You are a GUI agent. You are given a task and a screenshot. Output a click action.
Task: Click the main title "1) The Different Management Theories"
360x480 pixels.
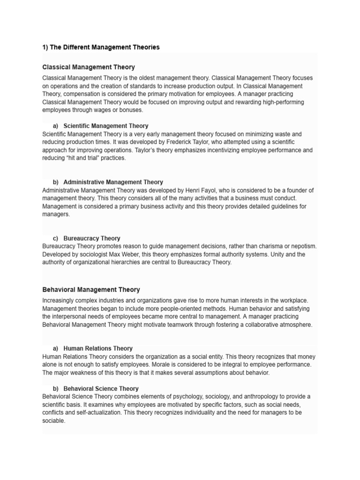tap(101, 47)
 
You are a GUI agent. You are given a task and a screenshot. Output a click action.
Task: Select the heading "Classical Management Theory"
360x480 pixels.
tap(89, 67)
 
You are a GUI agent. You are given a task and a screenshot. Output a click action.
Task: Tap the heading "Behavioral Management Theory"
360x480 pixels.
tap(91, 290)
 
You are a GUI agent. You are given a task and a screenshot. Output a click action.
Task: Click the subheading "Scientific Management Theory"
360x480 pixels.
tap(105, 126)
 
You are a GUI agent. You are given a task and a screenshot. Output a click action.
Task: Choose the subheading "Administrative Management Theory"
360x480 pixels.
tap(113, 182)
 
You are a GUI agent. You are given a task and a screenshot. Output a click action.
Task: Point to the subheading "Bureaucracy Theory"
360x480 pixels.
tap(91, 238)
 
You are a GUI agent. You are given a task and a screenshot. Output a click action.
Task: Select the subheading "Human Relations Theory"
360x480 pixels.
tap(97, 348)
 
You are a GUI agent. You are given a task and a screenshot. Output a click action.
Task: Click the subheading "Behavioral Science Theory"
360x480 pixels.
tap(101, 389)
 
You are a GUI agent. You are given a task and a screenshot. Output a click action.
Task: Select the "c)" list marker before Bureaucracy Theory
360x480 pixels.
tap(56, 238)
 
